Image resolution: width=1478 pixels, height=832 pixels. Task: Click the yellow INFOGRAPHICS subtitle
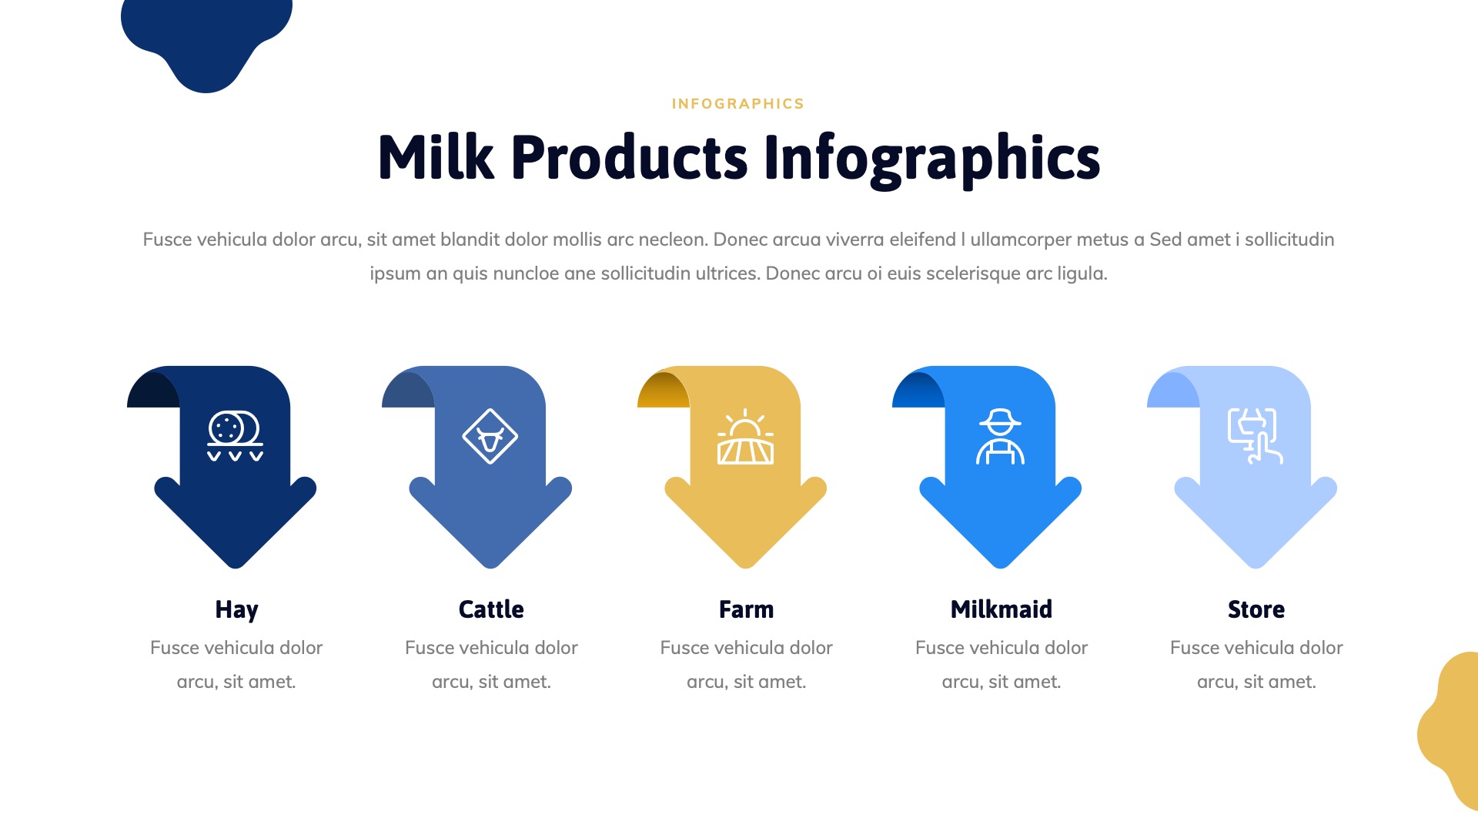(x=737, y=104)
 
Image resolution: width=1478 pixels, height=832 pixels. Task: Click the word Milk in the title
(x=436, y=158)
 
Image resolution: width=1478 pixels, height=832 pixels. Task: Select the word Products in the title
(x=629, y=158)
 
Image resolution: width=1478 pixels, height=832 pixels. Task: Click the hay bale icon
(x=235, y=436)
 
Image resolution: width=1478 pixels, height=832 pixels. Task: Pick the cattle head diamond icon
(x=490, y=437)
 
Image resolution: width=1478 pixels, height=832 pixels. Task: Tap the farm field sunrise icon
(x=745, y=437)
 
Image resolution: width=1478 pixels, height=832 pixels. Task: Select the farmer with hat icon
(x=1000, y=437)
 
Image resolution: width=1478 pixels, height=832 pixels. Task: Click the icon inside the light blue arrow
(x=1255, y=436)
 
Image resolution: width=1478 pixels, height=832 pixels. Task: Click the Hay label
(x=236, y=609)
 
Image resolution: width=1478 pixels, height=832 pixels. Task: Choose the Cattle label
(x=491, y=609)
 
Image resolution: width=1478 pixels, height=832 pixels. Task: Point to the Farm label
(x=746, y=609)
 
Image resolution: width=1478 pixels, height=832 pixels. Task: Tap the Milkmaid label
(x=1001, y=609)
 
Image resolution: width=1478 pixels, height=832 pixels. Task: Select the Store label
(x=1256, y=609)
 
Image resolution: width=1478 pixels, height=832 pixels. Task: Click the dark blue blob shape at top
(x=206, y=35)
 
